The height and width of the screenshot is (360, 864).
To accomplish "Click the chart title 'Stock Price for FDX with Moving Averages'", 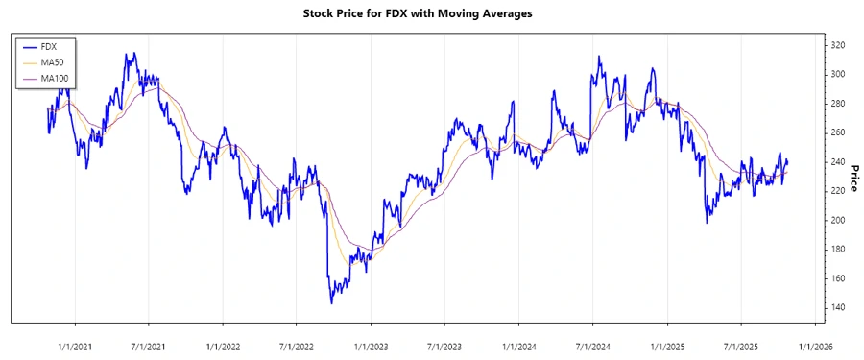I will pos(431,14).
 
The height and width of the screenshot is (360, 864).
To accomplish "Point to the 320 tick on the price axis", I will pos(838,45).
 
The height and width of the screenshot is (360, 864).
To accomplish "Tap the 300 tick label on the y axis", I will pos(838,74).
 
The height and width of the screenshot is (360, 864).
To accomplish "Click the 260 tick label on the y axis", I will pos(838,132).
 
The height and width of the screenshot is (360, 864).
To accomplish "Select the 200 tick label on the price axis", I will pos(838,220).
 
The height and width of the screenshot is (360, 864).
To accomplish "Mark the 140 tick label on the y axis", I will pos(838,307).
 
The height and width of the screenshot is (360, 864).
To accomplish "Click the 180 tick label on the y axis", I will pos(838,249).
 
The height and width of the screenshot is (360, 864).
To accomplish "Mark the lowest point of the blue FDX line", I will pos(331,303).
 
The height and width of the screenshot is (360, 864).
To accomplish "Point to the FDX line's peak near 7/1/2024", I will pos(599,56).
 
